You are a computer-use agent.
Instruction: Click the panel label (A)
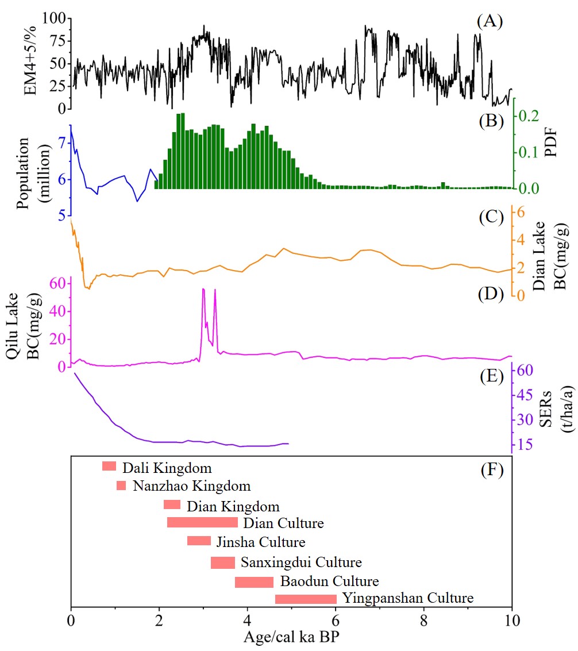(490, 22)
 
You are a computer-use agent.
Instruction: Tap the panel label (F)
(491, 471)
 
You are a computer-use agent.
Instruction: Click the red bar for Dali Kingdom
(109, 466)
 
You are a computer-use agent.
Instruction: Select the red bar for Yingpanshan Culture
(306, 599)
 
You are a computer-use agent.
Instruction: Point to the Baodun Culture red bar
(254, 582)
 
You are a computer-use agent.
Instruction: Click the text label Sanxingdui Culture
(301, 562)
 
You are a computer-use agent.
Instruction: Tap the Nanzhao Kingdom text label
(192, 486)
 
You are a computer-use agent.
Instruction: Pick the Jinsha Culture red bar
(199, 541)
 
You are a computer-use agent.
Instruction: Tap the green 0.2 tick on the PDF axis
(531, 115)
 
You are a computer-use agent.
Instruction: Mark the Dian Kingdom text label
(233, 507)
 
